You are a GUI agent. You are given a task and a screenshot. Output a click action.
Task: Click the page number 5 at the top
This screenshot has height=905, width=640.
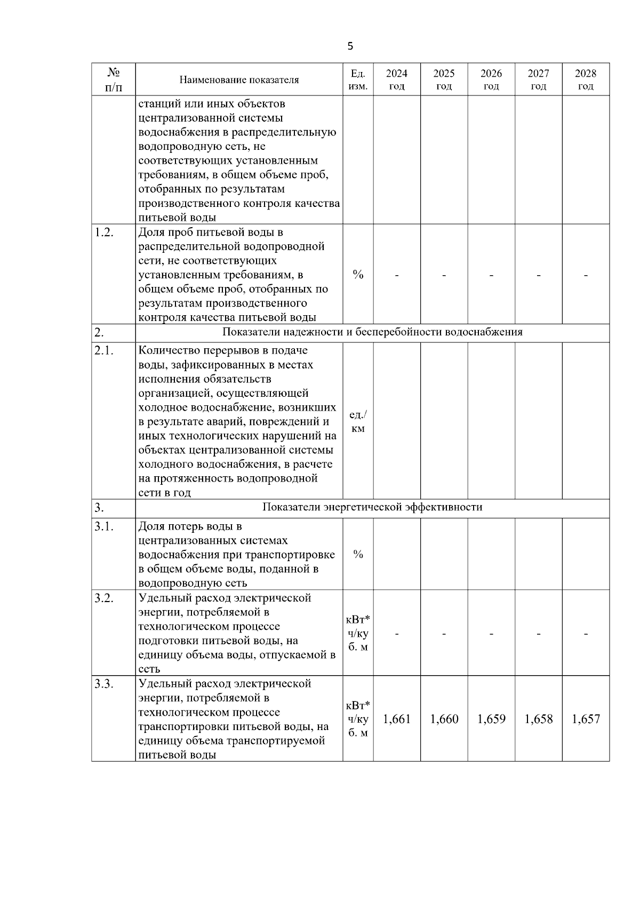click(x=350, y=46)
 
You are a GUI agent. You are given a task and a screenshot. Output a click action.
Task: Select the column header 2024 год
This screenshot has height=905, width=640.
click(x=396, y=79)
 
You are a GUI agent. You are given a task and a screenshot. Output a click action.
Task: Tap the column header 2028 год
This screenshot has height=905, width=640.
click(x=586, y=79)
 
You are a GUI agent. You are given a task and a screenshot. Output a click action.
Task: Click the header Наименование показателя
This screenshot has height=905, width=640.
click(x=239, y=80)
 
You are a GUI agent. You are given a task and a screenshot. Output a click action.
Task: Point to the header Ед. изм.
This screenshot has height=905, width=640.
click(x=358, y=79)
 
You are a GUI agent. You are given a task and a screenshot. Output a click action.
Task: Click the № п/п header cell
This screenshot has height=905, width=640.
click(x=113, y=79)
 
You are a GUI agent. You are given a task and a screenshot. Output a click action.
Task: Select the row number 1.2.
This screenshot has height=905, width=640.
click(x=104, y=233)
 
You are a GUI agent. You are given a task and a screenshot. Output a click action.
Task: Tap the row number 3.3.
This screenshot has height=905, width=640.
click(x=104, y=684)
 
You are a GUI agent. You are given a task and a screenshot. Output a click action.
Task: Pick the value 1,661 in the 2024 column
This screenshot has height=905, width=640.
click(x=397, y=719)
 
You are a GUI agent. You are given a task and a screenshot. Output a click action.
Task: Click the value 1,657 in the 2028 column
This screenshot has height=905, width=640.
click(x=586, y=719)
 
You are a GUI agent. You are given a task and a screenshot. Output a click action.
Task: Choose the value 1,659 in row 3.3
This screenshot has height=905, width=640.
click(x=491, y=719)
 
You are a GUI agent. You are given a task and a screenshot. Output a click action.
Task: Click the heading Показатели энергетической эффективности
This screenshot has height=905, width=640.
click(x=372, y=507)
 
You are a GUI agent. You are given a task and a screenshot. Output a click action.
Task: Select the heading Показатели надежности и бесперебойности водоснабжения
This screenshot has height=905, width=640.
click(x=372, y=332)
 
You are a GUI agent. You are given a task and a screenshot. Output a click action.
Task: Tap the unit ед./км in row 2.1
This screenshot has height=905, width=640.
click(x=358, y=421)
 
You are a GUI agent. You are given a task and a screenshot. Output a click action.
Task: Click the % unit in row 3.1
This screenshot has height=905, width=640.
click(x=358, y=555)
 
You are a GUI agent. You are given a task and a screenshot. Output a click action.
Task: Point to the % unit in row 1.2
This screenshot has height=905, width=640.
click(x=358, y=275)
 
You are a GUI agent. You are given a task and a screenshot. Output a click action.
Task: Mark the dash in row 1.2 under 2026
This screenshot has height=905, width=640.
click(x=491, y=275)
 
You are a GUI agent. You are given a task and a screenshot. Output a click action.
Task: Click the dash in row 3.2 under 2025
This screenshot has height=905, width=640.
click(x=444, y=634)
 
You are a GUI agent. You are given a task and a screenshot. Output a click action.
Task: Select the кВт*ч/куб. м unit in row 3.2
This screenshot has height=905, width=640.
click(x=358, y=634)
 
